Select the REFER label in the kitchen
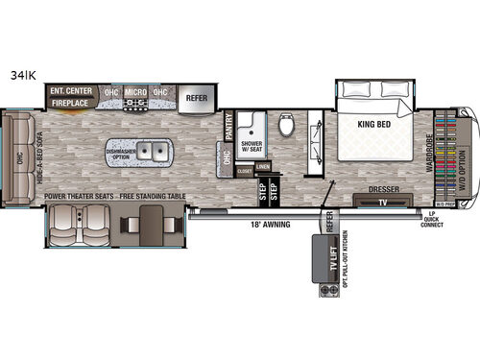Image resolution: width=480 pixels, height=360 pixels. (195, 96)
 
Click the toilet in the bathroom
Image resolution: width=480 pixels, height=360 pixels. (286, 126)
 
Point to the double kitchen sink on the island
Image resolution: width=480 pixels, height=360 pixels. (150, 151)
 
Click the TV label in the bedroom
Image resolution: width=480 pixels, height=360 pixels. (380, 203)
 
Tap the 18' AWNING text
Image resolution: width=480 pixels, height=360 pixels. (252, 224)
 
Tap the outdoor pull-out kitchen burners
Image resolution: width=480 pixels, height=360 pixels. (322, 286)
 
